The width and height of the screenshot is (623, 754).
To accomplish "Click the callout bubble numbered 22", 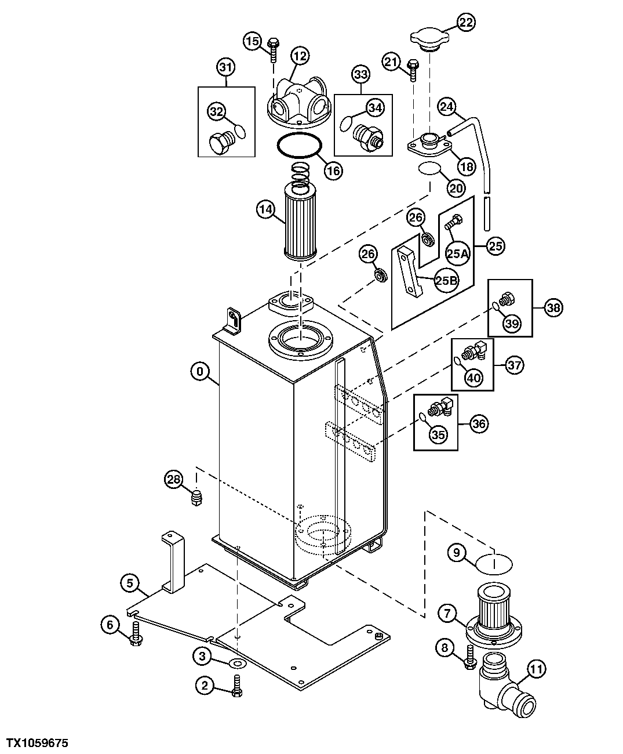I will (466, 23).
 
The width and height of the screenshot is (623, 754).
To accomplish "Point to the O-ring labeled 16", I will (300, 145).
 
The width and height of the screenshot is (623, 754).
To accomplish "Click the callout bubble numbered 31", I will (226, 67).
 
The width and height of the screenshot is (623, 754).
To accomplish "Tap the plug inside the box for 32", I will (220, 143).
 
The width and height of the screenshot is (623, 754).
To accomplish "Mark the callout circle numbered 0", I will (200, 371).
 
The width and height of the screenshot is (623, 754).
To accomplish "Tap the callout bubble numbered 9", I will (457, 553).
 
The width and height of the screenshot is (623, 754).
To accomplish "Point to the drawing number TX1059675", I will (38, 742).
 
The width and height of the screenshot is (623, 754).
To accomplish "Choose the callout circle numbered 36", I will (478, 423).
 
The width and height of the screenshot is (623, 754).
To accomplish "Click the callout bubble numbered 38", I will (553, 307).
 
